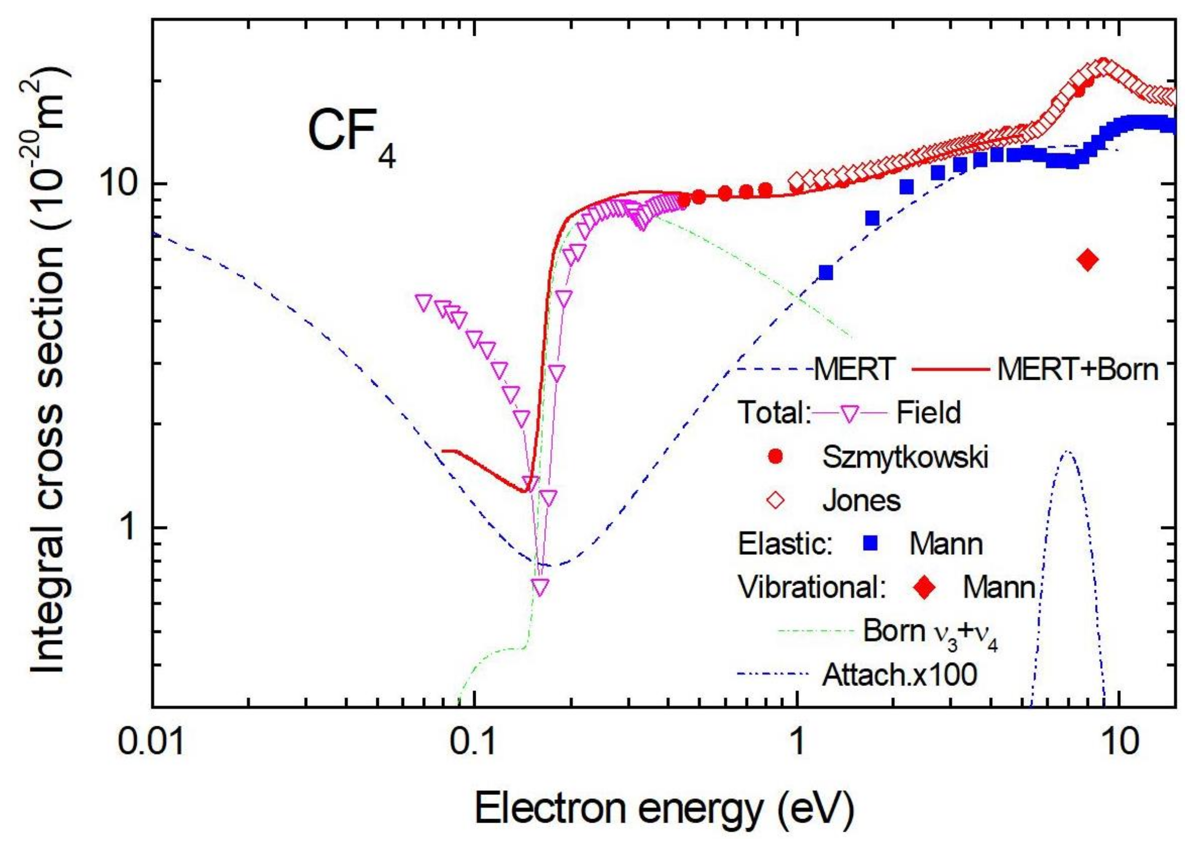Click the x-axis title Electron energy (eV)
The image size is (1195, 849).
pos(664,810)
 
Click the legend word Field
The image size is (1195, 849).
pos(929,413)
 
